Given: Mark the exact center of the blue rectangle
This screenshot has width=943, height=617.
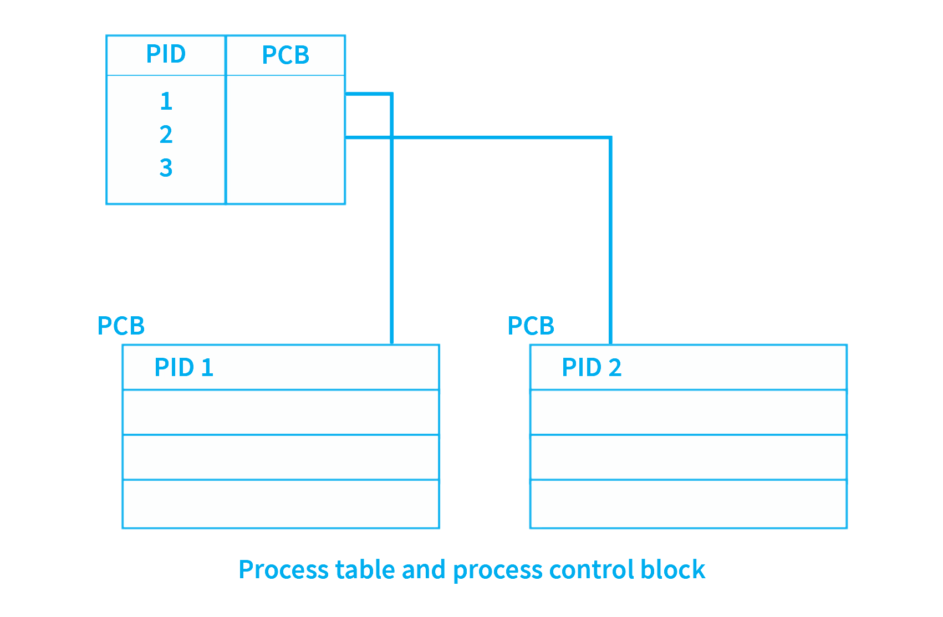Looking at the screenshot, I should [473, 308].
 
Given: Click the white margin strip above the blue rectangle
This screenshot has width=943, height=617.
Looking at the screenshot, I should [473, 17].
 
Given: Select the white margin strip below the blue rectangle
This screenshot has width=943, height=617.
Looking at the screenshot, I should [473, 600].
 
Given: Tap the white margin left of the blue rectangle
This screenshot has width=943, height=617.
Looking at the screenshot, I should [49, 308].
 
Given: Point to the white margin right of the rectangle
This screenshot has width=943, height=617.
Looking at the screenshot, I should [896, 308].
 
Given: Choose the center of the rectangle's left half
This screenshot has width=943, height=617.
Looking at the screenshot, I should [286, 308].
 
